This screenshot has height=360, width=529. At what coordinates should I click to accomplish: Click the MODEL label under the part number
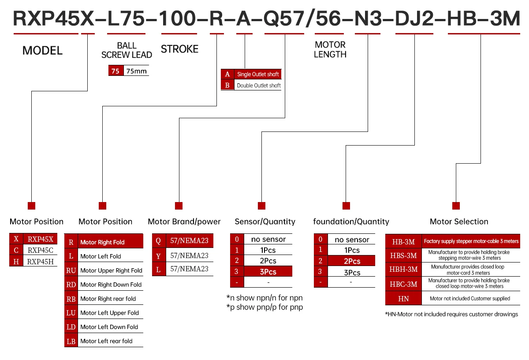tap(42, 50)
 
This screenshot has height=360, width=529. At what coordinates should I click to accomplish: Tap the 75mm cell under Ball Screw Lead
tap(136, 71)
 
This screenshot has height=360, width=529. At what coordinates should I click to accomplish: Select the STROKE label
tap(179, 49)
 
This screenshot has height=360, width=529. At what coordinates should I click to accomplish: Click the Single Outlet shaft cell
tap(258, 74)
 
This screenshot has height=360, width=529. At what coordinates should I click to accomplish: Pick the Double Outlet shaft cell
tap(259, 85)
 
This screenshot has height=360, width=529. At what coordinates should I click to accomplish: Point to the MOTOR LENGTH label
tap(330, 49)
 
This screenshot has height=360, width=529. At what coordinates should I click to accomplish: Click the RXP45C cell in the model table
tap(41, 250)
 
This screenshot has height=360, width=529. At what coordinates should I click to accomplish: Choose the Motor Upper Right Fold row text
tap(111, 270)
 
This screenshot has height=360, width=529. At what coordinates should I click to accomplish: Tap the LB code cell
tap(71, 341)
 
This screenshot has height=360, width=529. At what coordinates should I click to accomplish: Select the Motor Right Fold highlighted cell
tap(111, 242)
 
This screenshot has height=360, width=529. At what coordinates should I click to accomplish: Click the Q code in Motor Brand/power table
tap(158, 240)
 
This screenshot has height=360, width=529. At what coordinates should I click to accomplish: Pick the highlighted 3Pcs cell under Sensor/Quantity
tap(268, 272)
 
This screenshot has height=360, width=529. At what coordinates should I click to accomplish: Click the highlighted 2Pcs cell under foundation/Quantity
tap(352, 261)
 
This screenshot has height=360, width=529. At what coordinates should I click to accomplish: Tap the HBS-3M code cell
tap(403, 255)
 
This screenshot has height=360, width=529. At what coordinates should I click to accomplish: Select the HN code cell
tap(403, 299)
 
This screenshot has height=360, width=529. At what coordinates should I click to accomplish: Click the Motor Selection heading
tap(459, 221)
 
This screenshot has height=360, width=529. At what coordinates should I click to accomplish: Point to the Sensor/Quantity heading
tap(265, 221)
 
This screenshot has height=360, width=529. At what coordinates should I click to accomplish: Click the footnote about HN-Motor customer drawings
tap(451, 314)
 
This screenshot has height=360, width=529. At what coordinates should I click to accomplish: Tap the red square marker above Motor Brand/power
tap(179, 206)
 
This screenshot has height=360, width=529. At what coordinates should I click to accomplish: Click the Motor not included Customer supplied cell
tap(470, 299)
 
